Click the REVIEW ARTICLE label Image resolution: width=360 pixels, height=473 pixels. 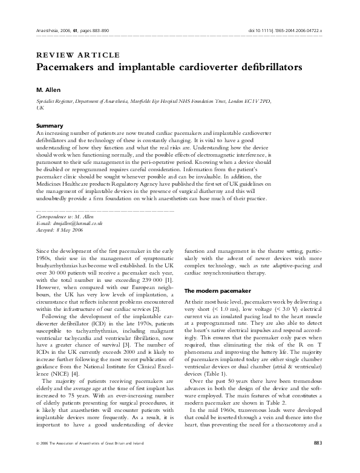pyautogui.click(x=78, y=55)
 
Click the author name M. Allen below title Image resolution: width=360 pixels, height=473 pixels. pyautogui.click(x=50, y=90)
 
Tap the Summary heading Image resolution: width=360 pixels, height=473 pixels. pyautogui.click(x=51, y=126)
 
